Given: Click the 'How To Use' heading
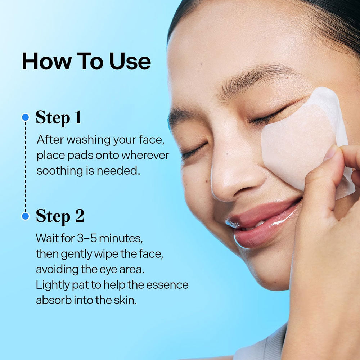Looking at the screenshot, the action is click(x=86, y=61).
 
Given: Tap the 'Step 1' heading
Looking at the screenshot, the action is click(x=59, y=118).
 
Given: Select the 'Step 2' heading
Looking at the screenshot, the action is click(x=60, y=216).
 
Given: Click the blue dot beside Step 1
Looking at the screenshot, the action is click(x=26, y=117).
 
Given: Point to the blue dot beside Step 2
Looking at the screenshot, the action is click(x=26, y=216).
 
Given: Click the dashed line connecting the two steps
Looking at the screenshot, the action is click(x=26, y=167).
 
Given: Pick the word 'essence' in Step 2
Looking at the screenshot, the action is click(x=167, y=285).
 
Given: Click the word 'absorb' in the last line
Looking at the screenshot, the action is click(x=54, y=300).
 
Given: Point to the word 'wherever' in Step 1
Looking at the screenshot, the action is click(x=145, y=155).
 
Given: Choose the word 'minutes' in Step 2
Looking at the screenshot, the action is click(x=121, y=238).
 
